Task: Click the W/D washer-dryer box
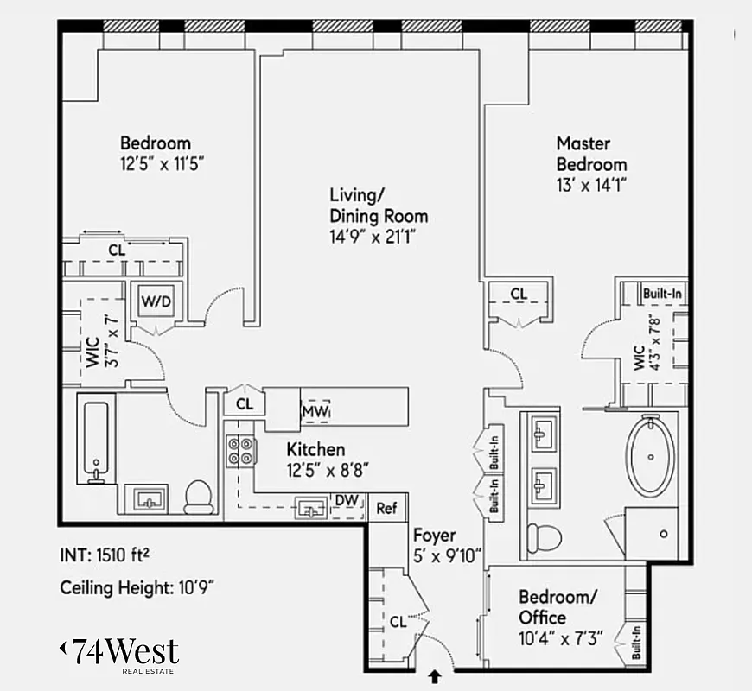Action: pyautogui.click(x=156, y=302)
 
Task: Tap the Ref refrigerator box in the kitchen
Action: pyautogui.click(x=386, y=509)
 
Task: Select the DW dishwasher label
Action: pyautogui.click(x=346, y=501)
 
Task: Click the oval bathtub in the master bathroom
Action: pyautogui.click(x=653, y=455)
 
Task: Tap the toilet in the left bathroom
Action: pyautogui.click(x=199, y=496)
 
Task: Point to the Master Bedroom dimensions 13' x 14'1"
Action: pyautogui.click(x=590, y=183)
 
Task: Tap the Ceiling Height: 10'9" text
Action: pyautogui.click(x=137, y=588)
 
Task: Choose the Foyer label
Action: pyautogui.click(x=434, y=535)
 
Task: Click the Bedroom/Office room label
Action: pyautogui.click(x=557, y=607)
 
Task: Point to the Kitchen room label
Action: pyautogui.click(x=315, y=449)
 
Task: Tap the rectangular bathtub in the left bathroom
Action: pyautogui.click(x=95, y=439)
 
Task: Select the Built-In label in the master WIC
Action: pyautogui.click(x=662, y=294)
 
